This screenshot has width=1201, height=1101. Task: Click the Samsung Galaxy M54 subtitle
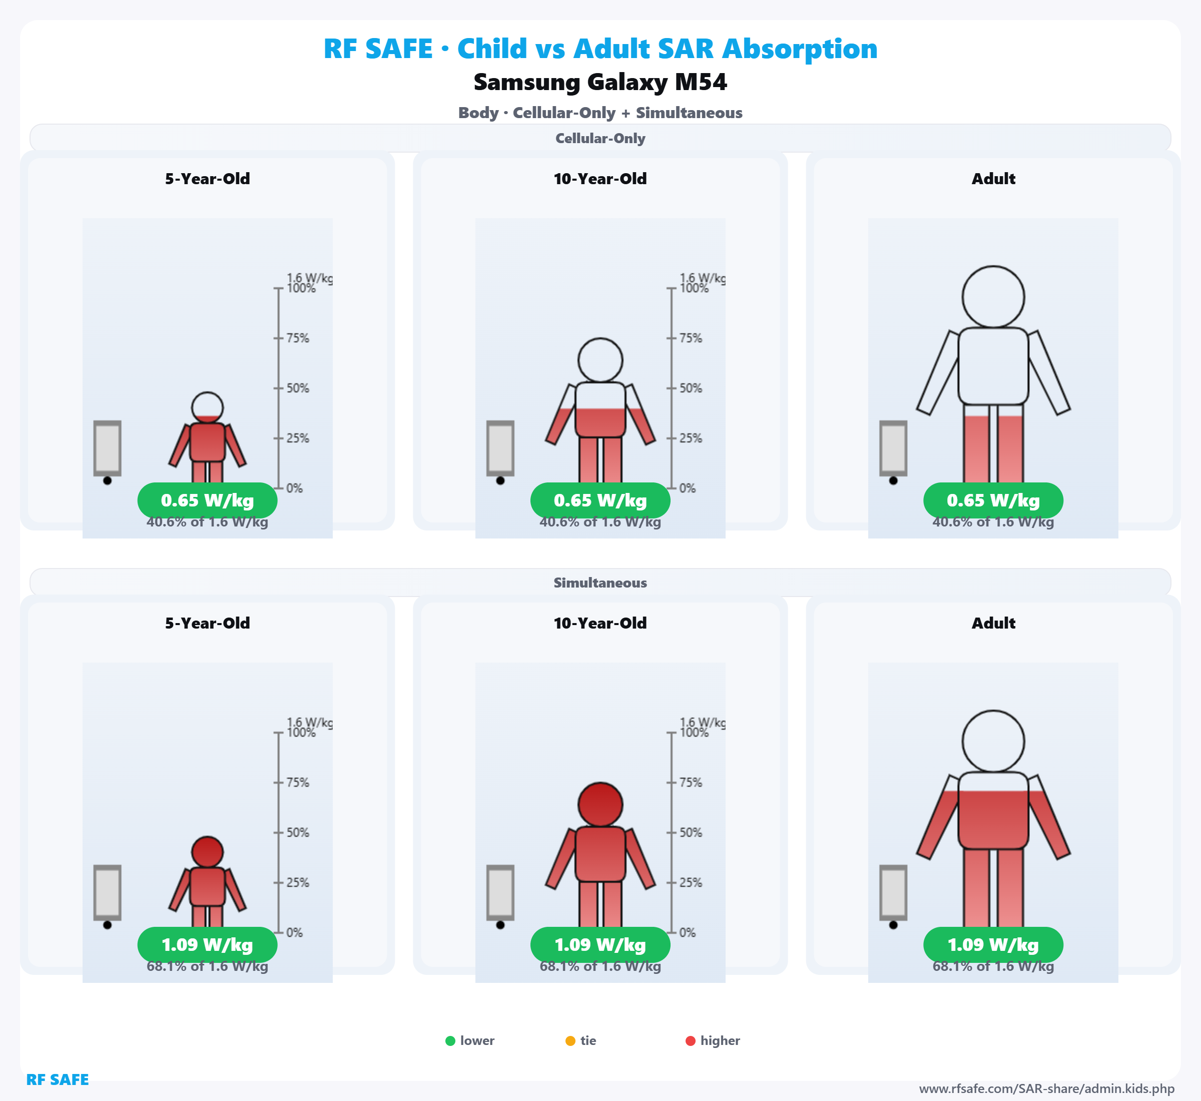[x=600, y=82]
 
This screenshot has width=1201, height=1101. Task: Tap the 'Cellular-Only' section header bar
[x=600, y=138]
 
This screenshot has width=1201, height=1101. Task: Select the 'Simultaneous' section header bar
[x=600, y=583]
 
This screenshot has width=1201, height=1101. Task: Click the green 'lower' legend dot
[x=450, y=1041]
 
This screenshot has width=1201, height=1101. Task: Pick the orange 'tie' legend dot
[x=570, y=1041]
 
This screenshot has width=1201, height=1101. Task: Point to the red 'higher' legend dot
[x=691, y=1041]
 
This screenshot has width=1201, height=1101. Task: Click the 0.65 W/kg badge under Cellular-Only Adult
[x=993, y=500]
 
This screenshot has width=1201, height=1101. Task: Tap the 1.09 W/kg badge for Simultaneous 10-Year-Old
[x=600, y=945]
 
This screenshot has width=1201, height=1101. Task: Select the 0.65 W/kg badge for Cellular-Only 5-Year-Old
[x=207, y=500]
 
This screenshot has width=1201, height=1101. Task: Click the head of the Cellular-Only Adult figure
[x=993, y=297]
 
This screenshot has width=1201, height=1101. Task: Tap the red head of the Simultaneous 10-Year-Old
[x=600, y=804]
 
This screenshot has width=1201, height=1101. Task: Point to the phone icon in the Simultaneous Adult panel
[x=893, y=892]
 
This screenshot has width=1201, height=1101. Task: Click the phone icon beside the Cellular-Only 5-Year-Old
[x=107, y=448]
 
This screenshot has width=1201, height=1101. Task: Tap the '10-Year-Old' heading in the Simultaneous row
[x=600, y=623]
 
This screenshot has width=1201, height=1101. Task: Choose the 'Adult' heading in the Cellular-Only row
[x=993, y=179]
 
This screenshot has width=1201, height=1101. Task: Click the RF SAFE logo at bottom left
[x=57, y=1079]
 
